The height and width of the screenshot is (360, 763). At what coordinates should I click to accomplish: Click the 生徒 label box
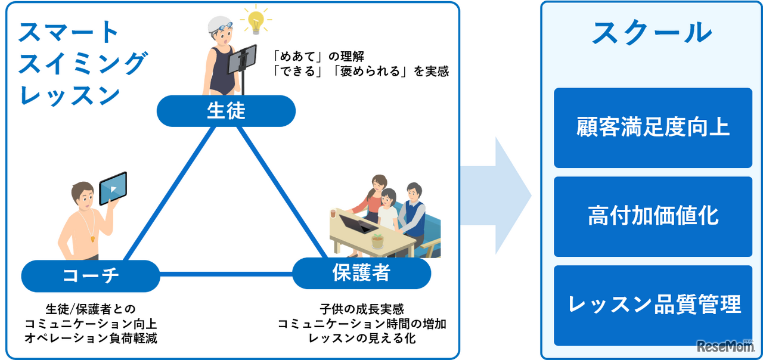coord(226,111)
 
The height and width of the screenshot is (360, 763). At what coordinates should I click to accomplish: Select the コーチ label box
coord(91,275)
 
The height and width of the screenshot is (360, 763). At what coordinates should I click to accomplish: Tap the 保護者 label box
coord(361,274)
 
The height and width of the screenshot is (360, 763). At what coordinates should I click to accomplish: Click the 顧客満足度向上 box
coord(653,128)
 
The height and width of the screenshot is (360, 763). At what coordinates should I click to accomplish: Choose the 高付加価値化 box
coord(653,216)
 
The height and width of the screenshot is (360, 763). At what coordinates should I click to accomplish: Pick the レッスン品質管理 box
coord(653,305)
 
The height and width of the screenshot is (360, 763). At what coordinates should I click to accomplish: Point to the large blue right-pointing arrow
coord(498,195)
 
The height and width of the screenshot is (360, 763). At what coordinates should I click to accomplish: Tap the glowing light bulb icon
coord(256,21)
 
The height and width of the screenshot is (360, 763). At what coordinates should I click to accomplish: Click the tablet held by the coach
coord(113,187)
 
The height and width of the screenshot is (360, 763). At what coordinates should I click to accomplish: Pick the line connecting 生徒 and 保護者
coord(280,191)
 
